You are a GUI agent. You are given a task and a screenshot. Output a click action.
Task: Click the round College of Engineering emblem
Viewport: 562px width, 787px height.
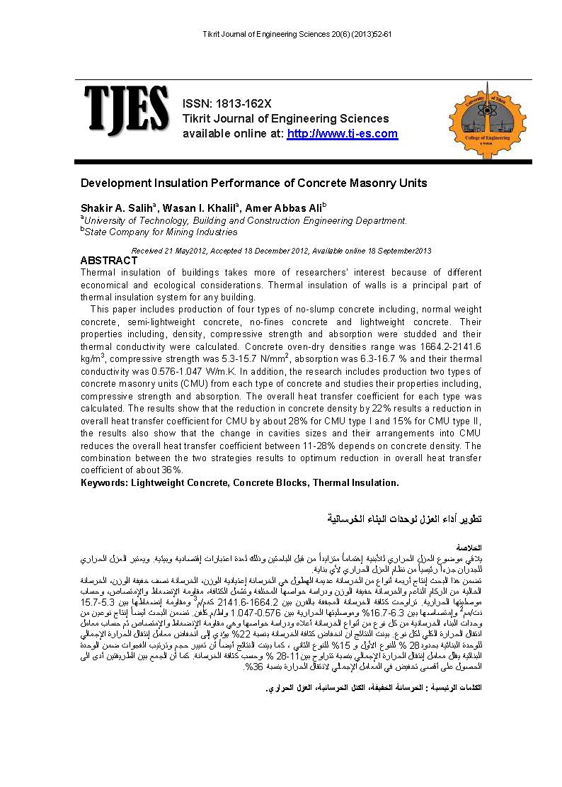pos(483,115)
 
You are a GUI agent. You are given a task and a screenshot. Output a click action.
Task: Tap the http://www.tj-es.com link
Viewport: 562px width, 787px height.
pos(342,134)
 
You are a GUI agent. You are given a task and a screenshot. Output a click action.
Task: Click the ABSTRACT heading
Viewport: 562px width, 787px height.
pos(109,261)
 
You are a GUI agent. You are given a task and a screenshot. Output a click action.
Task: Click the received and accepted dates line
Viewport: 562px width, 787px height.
pos(281,251)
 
